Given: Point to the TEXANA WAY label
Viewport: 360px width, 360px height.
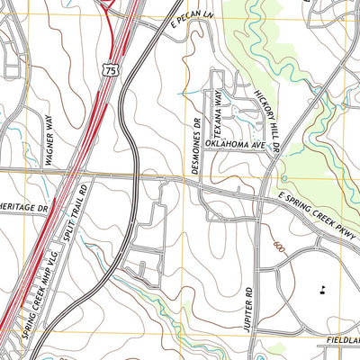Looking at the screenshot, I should tap(218, 109).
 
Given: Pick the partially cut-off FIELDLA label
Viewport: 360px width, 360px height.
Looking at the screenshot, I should tap(342, 341).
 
